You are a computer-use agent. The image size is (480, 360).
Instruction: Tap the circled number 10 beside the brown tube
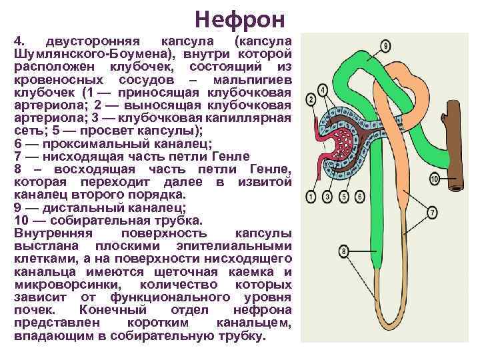point(434,179)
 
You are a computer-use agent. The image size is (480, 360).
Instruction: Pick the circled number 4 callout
point(323,89)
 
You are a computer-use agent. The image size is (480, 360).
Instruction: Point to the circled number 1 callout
point(311,197)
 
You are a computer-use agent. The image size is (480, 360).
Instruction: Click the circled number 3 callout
point(327,197)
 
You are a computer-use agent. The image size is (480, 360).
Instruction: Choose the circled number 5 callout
point(343,197)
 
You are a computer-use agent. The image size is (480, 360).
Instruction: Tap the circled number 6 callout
point(359,197)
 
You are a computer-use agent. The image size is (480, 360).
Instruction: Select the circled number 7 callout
point(432,212)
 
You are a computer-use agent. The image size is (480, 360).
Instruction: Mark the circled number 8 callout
point(344,251)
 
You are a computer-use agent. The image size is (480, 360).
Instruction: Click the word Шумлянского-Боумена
point(90,54)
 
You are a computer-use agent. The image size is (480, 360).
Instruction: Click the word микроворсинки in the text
point(57,284)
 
